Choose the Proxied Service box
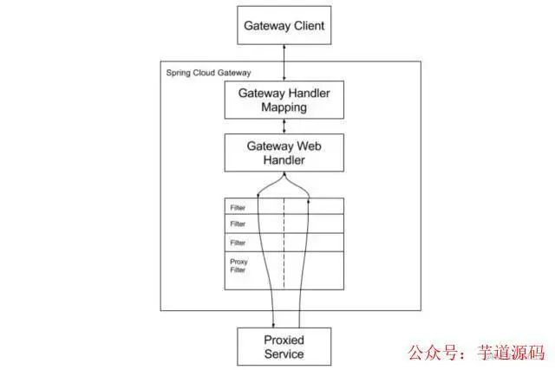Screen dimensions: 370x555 [284, 347]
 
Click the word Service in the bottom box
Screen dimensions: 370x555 [284, 354]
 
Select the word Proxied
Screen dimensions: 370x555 [284, 340]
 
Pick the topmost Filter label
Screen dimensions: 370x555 [238, 208]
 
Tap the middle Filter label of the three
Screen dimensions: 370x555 [238, 225]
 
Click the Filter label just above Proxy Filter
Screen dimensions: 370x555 [238, 243]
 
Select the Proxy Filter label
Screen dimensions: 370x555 [238, 265]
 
